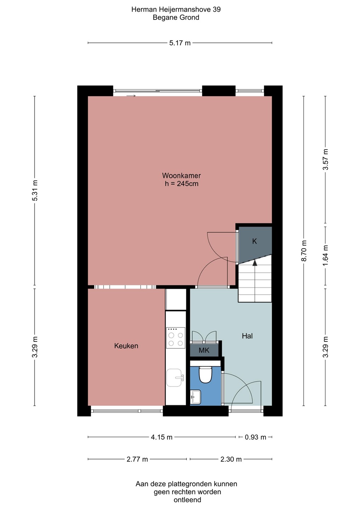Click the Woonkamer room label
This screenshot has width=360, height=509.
[181, 175]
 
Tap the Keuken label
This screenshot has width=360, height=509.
[126, 346]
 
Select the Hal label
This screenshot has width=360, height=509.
[247, 336]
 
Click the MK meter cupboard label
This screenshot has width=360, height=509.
[204, 350]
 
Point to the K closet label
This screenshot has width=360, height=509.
[254, 241]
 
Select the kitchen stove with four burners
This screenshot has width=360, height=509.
[175, 338]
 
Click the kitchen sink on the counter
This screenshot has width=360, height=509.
[175, 378]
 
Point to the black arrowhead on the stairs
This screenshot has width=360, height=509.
[255, 263]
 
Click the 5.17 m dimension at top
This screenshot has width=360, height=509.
[180, 43]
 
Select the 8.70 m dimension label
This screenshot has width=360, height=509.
[304, 251]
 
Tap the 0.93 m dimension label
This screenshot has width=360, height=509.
[255, 437]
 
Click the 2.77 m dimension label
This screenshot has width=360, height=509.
[137, 459]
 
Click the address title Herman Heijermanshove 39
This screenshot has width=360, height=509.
[176, 9]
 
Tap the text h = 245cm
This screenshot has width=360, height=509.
[181, 183]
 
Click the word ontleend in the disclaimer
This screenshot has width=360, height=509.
[187, 500]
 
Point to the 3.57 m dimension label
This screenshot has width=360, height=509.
[326, 159]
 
